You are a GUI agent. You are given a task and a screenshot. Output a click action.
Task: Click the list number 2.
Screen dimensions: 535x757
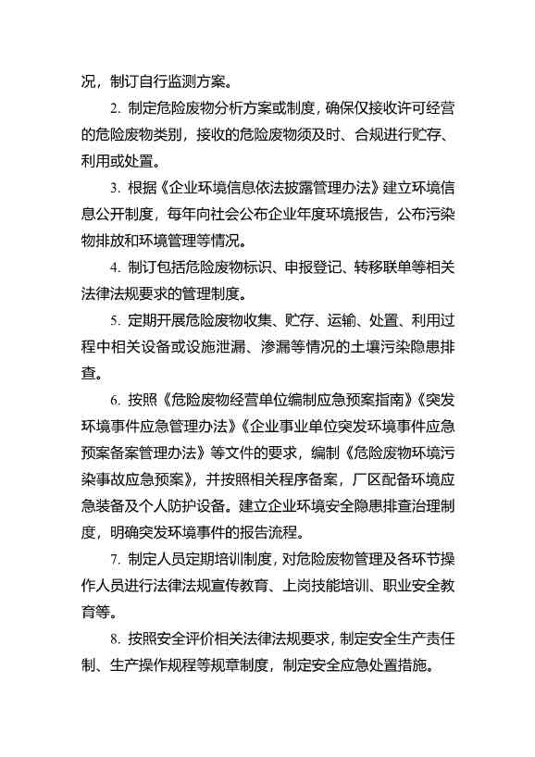(x=113, y=107)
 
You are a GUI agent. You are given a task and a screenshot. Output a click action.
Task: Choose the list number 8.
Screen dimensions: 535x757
(x=113, y=639)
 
